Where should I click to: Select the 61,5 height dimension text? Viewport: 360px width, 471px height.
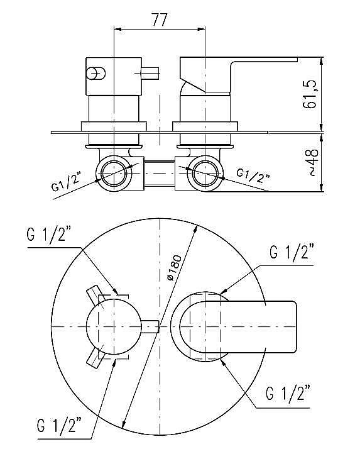pyautogui.click(x=310, y=94)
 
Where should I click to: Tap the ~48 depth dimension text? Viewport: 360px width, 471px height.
pyautogui.click(x=312, y=162)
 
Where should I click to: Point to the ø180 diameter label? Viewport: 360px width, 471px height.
pyautogui.click(x=175, y=267)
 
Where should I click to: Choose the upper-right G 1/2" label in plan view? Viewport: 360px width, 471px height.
pyautogui.click(x=292, y=252)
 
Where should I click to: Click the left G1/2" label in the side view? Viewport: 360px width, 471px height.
pyautogui.click(x=66, y=182)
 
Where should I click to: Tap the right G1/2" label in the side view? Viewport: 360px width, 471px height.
pyautogui.click(x=253, y=175)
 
